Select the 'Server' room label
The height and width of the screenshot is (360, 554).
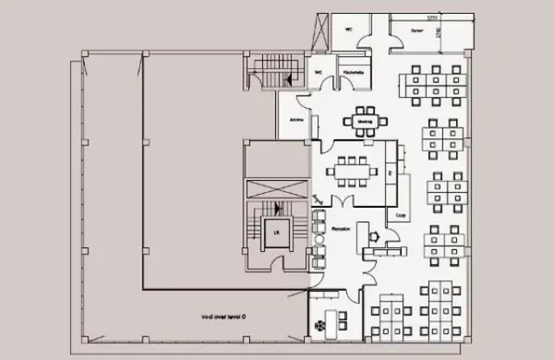coord(417,30)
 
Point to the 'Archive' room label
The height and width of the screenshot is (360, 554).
coord(297,119)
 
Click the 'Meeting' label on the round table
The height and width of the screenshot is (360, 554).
coord(363,120)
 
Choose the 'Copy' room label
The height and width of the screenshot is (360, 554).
coord(401,214)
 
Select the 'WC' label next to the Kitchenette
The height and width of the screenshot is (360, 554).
coord(319,71)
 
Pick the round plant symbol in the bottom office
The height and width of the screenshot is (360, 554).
coord(322,324)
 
